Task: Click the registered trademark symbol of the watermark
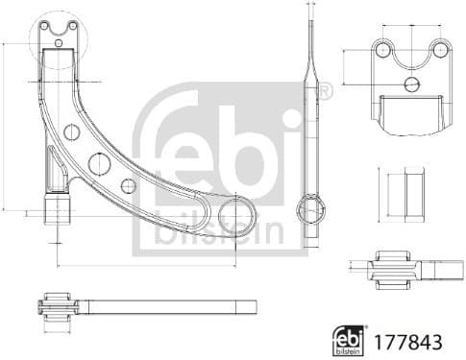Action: pyautogui.click(x=324, y=92)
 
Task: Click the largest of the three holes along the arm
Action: pyautogui.click(x=97, y=163)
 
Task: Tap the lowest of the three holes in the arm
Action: pyautogui.click(x=128, y=185)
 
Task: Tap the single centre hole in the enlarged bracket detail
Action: pyautogui.click(x=411, y=84)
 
